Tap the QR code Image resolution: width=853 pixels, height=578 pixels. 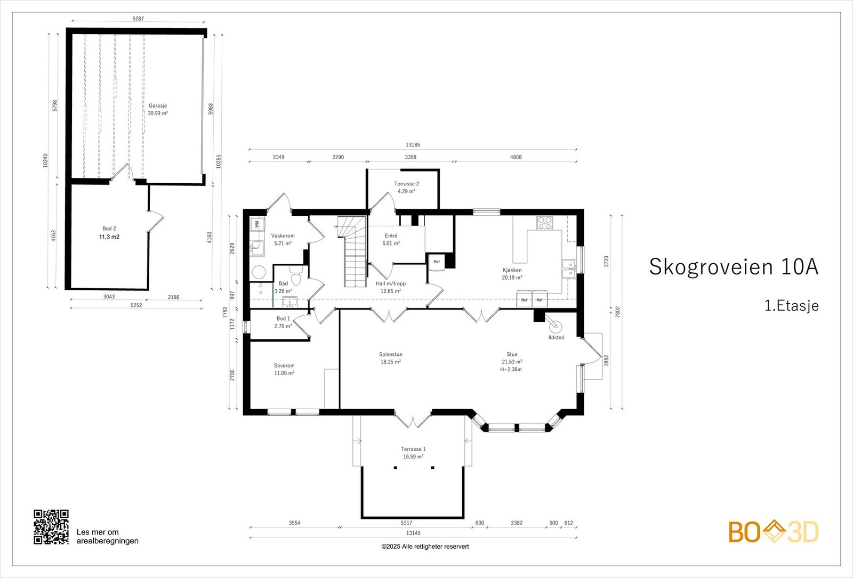click(51, 527)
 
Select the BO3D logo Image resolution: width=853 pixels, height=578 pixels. click(774, 532)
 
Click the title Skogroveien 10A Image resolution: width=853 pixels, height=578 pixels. click(733, 266)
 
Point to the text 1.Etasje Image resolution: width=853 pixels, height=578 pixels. click(791, 306)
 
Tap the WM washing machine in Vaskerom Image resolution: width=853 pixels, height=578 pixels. click(257, 224)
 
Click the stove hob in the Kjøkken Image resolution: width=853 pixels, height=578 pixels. click(544, 223)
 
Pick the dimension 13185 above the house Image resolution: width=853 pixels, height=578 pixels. click(413, 145)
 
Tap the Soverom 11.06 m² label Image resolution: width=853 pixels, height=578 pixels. click(284, 369)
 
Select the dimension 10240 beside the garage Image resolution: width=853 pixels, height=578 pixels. click(45, 161)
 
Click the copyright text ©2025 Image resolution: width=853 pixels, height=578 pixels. click(425, 546)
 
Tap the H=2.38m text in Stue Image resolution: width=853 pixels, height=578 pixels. click(511, 369)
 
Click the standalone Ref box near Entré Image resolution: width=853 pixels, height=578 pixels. click(437, 262)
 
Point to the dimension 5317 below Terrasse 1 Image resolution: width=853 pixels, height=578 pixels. click(406, 523)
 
